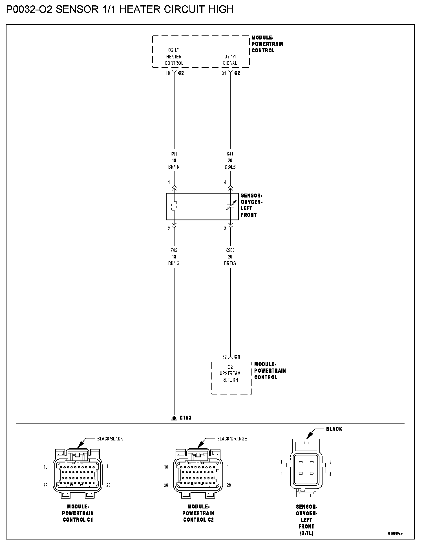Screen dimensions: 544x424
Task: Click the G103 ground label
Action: click(x=185, y=418)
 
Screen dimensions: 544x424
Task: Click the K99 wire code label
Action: click(x=174, y=154)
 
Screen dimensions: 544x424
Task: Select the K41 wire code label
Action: click(x=230, y=154)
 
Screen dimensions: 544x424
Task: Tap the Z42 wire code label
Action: click(x=174, y=250)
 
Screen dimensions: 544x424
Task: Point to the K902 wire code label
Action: click(x=230, y=250)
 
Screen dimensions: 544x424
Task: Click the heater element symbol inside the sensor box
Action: click(x=174, y=206)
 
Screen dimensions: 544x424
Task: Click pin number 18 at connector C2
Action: click(x=168, y=73)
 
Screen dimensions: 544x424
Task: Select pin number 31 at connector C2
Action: click(x=224, y=73)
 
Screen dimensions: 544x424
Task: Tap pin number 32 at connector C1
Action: click(x=224, y=357)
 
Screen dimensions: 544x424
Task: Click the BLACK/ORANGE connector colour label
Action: click(x=232, y=438)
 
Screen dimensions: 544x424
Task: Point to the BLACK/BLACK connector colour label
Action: click(x=110, y=438)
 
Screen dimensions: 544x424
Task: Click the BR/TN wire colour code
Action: click(x=174, y=167)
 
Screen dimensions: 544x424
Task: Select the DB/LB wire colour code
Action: click(x=230, y=167)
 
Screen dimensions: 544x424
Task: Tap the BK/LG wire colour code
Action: click(x=174, y=263)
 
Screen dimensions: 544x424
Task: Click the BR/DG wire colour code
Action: click(x=230, y=263)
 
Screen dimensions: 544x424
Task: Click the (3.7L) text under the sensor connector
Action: click(x=306, y=533)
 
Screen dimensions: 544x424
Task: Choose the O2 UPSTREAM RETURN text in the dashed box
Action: click(x=230, y=373)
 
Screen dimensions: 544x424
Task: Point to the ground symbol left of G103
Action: click(x=174, y=418)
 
